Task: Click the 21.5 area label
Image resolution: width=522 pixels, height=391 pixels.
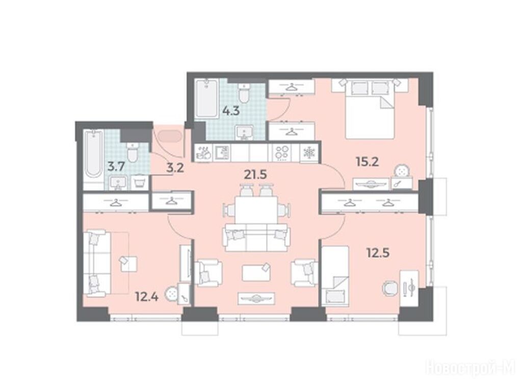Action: coord(255,174)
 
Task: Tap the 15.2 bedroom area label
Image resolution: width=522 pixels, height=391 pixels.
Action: coord(367,162)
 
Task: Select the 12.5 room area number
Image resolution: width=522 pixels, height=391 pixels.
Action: coord(378,253)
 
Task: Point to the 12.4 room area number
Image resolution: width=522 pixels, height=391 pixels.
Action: coord(147,296)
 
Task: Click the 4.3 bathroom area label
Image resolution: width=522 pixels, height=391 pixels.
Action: coord(231,110)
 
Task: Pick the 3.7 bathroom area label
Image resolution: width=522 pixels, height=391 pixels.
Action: coord(116,166)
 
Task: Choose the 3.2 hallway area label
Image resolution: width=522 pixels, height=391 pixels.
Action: coord(175,168)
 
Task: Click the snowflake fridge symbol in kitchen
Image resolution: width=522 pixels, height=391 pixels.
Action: coord(309,153)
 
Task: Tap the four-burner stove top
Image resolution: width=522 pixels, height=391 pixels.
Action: coord(282,153)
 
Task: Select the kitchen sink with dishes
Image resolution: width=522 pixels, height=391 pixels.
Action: coord(204,153)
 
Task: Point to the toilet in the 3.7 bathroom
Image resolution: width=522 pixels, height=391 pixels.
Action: coord(133,153)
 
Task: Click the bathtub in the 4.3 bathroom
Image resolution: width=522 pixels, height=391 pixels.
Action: coord(207,99)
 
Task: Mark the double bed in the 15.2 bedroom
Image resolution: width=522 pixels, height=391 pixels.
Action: coord(370,109)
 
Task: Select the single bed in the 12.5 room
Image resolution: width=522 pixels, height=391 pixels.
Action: coord(335,275)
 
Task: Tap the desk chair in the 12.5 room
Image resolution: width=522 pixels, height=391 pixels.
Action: coord(389,288)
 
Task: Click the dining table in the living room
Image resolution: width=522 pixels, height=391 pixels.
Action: coord(256,210)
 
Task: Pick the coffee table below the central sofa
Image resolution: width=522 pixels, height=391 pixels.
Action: coord(256,272)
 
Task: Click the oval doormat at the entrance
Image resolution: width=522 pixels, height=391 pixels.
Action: coord(170,136)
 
